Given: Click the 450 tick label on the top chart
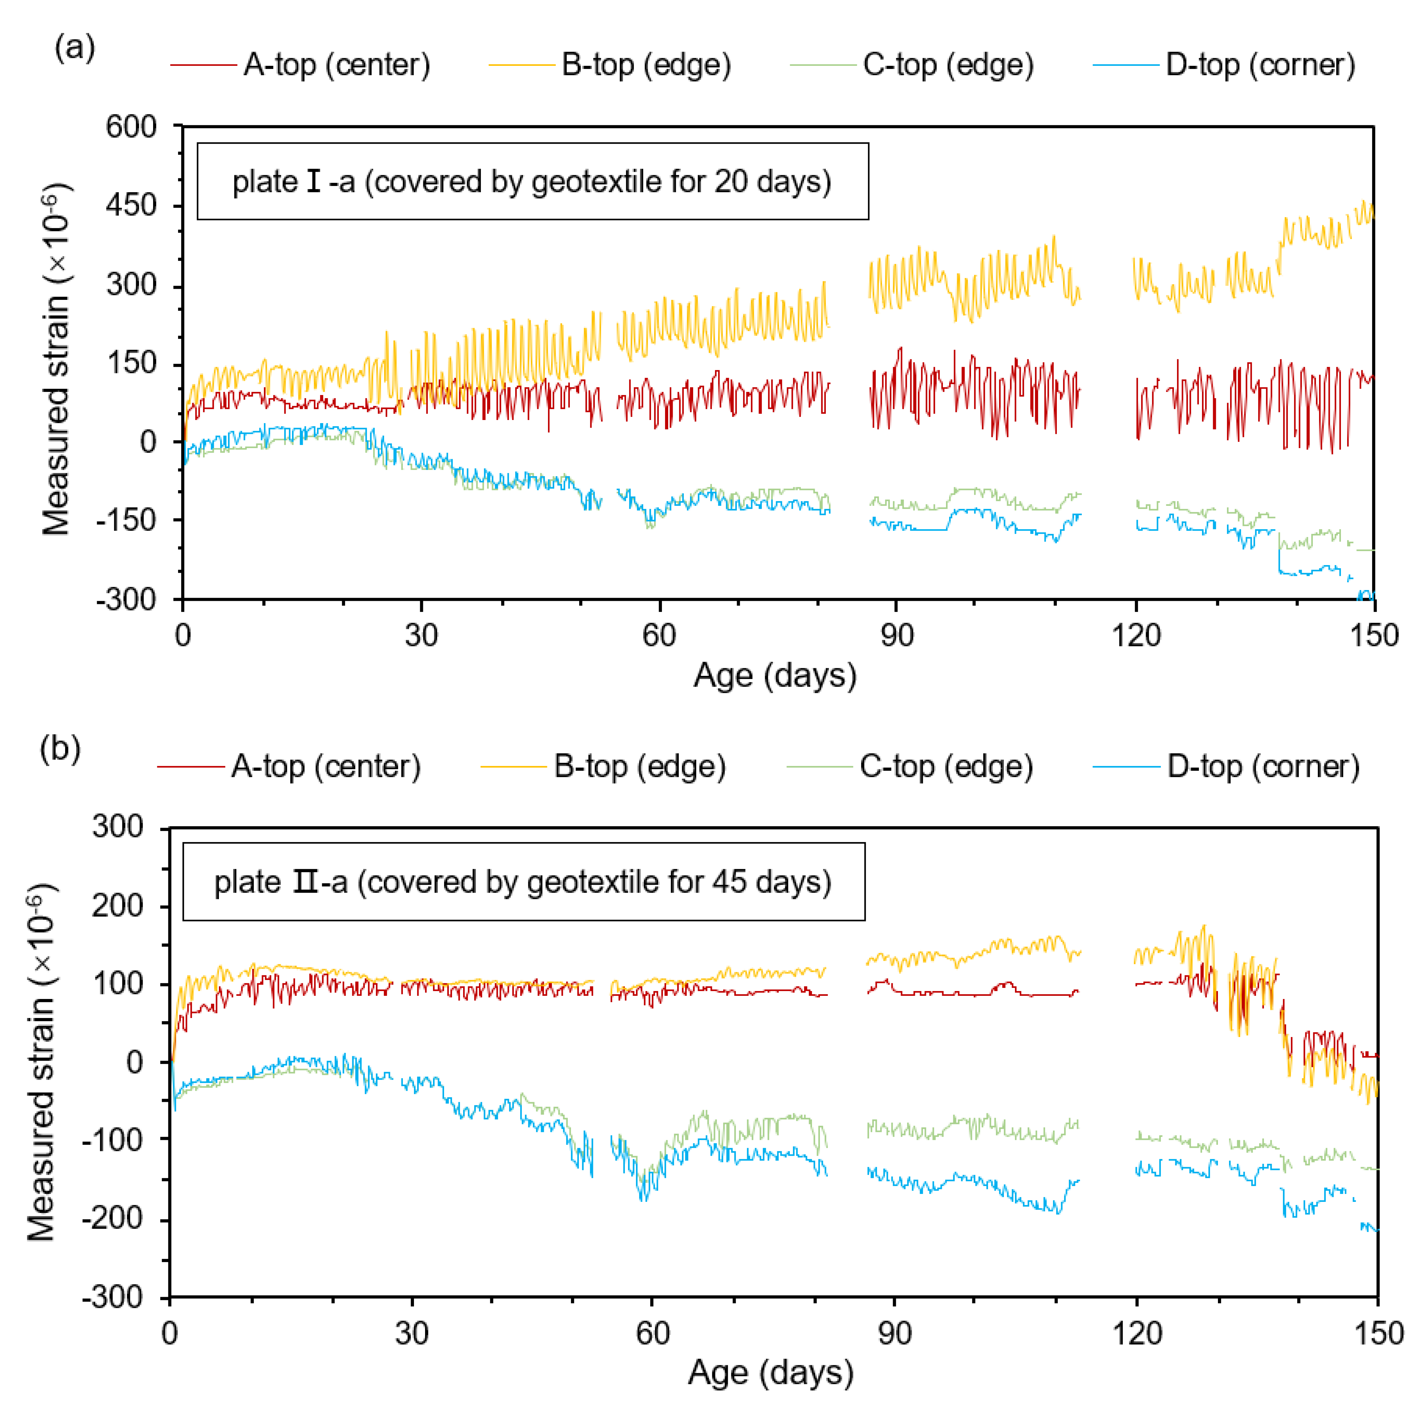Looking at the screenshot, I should pos(131,205).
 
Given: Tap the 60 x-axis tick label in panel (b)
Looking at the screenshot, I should pos(653,1333).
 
